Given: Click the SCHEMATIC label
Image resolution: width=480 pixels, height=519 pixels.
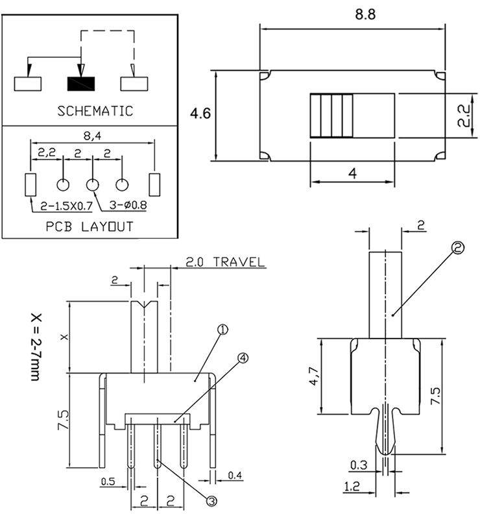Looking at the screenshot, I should pyautogui.click(x=95, y=110).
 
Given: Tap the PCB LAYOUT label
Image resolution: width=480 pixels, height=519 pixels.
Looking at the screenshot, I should pyautogui.click(x=90, y=226).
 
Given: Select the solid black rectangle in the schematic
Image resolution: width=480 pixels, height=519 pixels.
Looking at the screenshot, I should pyautogui.click(x=81, y=84).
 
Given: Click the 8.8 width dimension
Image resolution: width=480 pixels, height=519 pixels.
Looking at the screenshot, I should pyautogui.click(x=352, y=14).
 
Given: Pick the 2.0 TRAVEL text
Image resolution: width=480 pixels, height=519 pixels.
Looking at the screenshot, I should pyautogui.click(x=225, y=263).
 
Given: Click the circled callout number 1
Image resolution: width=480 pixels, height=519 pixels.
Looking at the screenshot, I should pyautogui.click(x=222, y=330).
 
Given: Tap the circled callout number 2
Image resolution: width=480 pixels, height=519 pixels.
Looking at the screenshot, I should pyautogui.click(x=459, y=248).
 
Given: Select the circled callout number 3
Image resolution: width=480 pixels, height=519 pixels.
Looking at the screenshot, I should pyautogui.click(x=211, y=500).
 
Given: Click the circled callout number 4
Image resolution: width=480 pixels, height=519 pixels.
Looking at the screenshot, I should pyautogui.click(x=243, y=357).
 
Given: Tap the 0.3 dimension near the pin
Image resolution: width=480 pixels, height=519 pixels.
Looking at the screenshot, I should pyautogui.click(x=357, y=465).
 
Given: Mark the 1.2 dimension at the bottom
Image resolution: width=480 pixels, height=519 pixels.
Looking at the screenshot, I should pyautogui.click(x=352, y=485).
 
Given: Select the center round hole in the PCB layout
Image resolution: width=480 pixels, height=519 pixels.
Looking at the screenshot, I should pyautogui.click(x=93, y=185).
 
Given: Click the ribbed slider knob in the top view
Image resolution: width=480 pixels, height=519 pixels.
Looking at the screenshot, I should pyautogui.click(x=331, y=116).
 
